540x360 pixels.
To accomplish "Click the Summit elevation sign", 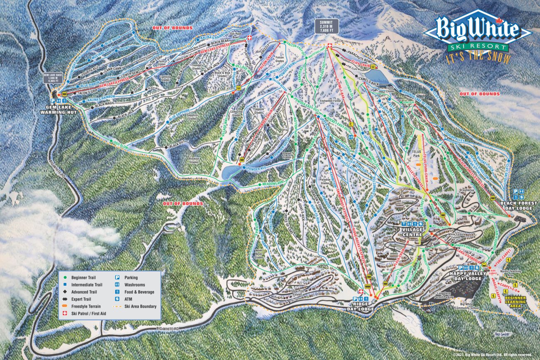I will point(326,26).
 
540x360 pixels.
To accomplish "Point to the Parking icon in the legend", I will point(118,278).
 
